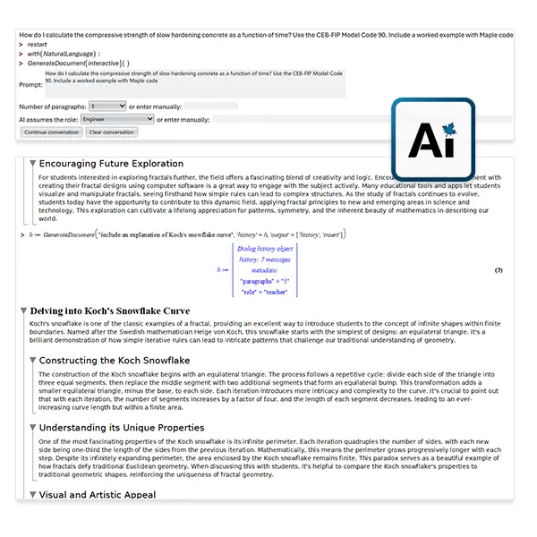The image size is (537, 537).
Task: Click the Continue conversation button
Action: tap(51, 132)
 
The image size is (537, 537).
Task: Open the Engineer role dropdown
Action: tap(116, 118)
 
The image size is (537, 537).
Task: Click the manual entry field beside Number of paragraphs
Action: tap(210, 106)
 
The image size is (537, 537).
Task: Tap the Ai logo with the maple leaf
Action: tap(433, 142)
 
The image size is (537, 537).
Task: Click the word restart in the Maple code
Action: tap(37, 42)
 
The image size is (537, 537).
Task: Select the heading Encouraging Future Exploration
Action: tap(111, 164)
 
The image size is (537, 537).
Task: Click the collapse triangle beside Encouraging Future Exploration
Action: tap(33, 164)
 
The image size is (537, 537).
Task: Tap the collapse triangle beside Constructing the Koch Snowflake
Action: tap(33, 360)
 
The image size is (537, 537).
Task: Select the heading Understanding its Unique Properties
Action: tap(122, 427)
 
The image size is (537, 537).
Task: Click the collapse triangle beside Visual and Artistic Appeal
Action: tap(33, 494)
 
